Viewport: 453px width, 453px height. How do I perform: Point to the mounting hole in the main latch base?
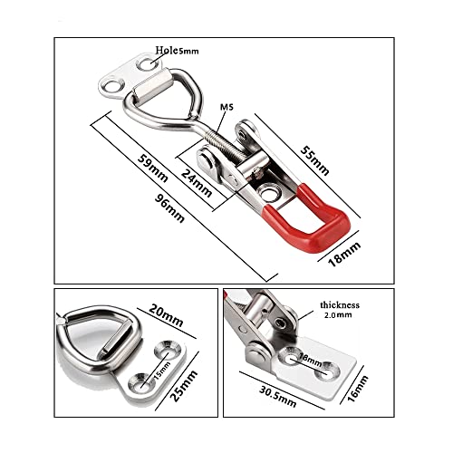click(269, 192)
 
